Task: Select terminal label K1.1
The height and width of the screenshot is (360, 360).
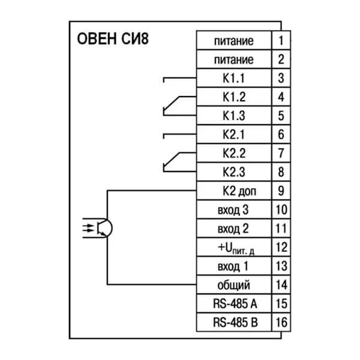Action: tap(234, 78)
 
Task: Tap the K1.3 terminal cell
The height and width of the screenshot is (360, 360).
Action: tap(234, 115)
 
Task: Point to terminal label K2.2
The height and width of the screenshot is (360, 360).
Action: tap(234, 153)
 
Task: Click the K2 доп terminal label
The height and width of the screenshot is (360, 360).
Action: tap(234, 191)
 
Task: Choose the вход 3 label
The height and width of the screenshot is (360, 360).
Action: tap(233, 210)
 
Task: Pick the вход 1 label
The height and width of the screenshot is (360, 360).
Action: tap(233, 266)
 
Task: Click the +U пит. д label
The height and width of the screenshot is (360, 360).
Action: tap(234, 247)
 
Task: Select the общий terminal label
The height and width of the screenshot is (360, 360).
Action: tap(234, 284)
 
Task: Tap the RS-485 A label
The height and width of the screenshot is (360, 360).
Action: tap(234, 303)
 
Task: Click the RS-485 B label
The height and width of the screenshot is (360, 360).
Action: tap(234, 322)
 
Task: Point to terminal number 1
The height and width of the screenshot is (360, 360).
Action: tap(281, 41)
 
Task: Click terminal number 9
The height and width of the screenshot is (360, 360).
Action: tap(281, 191)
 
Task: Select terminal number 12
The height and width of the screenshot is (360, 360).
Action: tap(281, 247)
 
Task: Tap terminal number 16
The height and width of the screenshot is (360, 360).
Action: tap(281, 322)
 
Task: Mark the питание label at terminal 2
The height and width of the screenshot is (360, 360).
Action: tap(234, 59)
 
